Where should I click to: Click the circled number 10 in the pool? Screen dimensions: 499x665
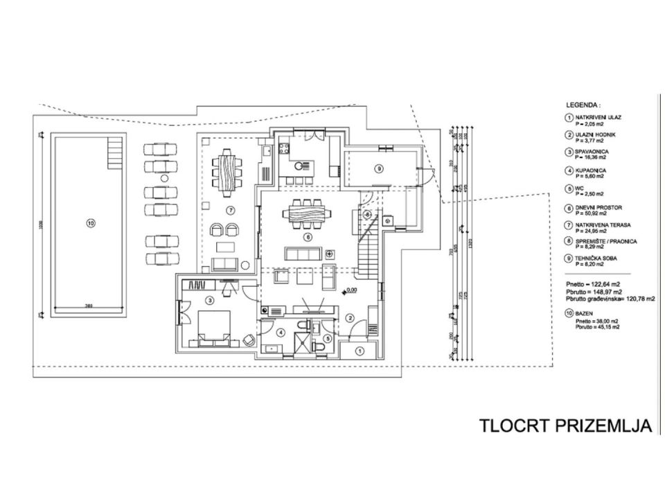90,222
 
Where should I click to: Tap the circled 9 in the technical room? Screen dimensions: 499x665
379,167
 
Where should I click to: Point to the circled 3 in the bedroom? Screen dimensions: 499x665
209,300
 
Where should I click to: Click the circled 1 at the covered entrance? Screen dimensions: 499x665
359,351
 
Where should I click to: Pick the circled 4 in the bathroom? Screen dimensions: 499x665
280,333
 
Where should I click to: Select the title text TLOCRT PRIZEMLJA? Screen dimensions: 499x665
566,426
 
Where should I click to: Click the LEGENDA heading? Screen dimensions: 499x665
583,100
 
